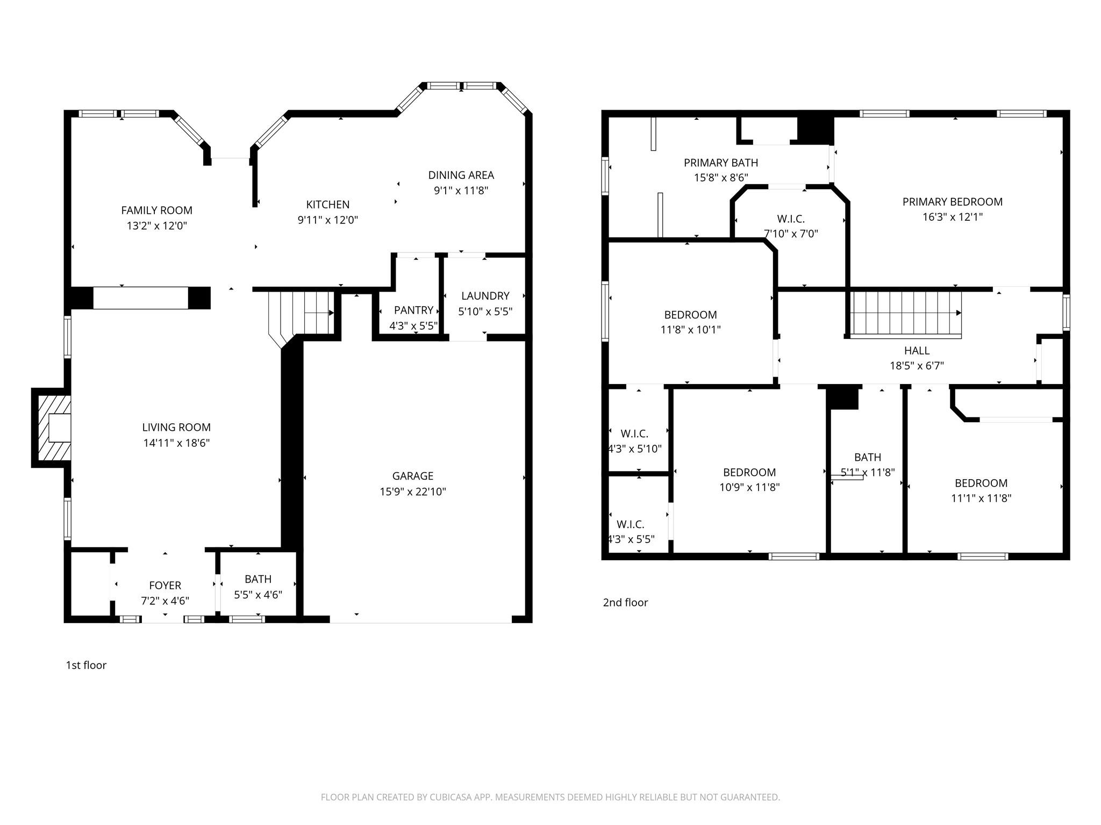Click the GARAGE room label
click(412, 476)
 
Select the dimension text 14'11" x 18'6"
click(176, 443)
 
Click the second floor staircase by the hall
click(904, 314)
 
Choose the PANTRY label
click(413, 310)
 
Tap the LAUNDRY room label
click(485, 296)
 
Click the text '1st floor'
click(86, 665)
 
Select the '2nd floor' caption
click(625, 602)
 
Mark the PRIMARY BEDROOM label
click(952, 202)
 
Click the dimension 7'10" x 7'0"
click(791, 234)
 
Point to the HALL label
click(917, 351)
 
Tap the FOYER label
click(165, 585)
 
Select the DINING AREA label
click(461, 175)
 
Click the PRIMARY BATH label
click(720, 163)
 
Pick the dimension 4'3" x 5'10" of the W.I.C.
click(634, 448)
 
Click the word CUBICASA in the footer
click(450, 797)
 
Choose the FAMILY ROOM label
click(156, 211)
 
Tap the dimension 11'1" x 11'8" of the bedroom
click(981, 498)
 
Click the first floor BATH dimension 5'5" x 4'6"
click(258, 595)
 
